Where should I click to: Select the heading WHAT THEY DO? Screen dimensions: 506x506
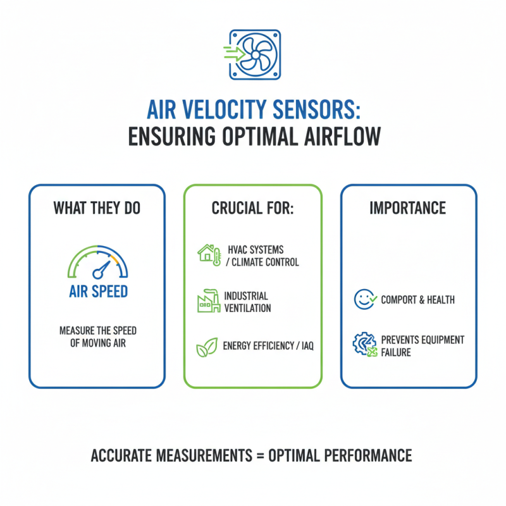[x=97, y=208]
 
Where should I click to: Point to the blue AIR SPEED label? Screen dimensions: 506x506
[x=99, y=292]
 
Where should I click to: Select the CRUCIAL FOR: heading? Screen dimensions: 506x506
[x=252, y=208]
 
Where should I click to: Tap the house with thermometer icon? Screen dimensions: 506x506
[x=209, y=254]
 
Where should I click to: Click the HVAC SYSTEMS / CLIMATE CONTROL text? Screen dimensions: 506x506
[x=262, y=256]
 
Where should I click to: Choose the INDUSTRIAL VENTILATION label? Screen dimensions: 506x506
[x=247, y=302]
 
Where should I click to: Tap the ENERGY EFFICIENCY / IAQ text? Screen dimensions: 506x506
[x=268, y=346]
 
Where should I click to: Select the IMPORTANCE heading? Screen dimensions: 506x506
[x=408, y=208]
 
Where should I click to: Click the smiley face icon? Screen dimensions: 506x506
[x=364, y=299]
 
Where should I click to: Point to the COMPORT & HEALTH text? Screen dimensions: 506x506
[x=417, y=299]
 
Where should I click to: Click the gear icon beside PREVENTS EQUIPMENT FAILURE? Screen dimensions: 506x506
[x=364, y=345]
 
